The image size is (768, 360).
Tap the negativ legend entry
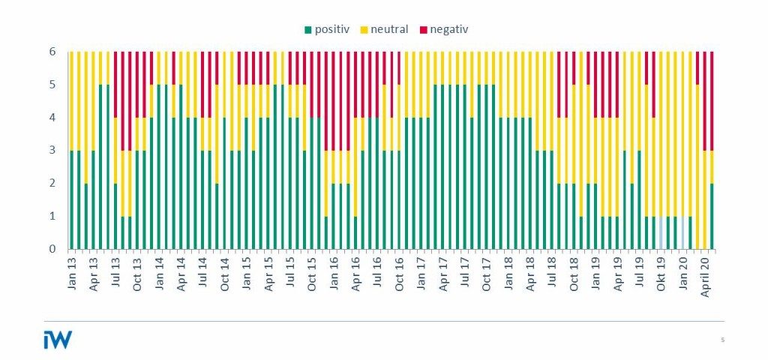click(448, 29)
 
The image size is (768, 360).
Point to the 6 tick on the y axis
click(53, 52)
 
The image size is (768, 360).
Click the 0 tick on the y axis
click(53, 249)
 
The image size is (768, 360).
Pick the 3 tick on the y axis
click(53, 151)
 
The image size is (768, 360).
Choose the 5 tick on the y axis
click(53, 85)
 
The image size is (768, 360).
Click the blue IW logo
click(58, 339)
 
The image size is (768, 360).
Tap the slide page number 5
click(722, 340)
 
